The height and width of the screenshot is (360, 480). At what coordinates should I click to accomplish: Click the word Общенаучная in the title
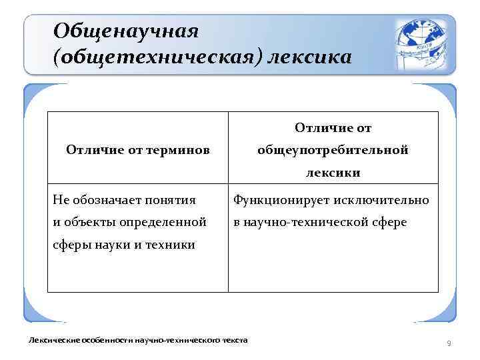pyautogui.click(x=126, y=31)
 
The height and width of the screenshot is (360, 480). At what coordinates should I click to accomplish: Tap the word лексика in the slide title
pyautogui.click(x=308, y=58)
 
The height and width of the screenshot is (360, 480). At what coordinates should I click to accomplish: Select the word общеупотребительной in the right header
pyautogui.click(x=333, y=151)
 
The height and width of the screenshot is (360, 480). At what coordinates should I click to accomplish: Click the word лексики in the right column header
pyautogui.click(x=333, y=173)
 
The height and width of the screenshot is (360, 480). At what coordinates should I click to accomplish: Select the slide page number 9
pyautogui.click(x=449, y=343)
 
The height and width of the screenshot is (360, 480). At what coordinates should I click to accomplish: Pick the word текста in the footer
pyautogui.click(x=234, y=341)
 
